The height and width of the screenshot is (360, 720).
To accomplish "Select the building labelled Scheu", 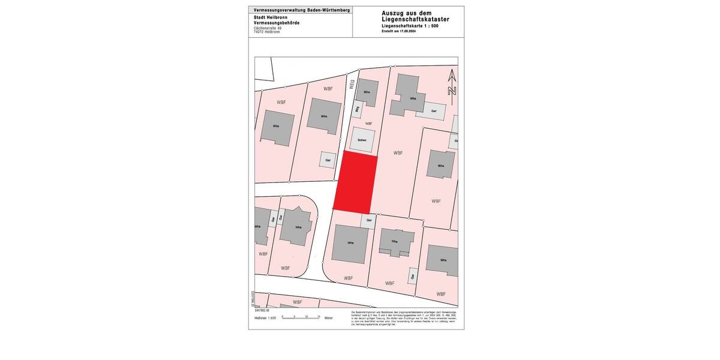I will click(362, 139).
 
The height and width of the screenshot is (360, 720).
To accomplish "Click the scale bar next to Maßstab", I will click(301, 317).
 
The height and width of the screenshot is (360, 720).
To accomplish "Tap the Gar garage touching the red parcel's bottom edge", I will click(369, 220).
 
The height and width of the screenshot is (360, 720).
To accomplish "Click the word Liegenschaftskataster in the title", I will click(415, 20).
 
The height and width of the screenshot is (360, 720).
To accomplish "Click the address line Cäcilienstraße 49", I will click(268, 28).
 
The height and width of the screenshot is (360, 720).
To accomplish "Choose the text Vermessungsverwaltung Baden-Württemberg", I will click(302, 10).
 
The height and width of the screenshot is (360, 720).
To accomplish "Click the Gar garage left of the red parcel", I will click(328, 160).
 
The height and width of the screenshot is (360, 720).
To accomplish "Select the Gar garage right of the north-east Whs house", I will click(434, 111).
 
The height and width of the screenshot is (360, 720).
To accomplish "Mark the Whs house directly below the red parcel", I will click(350, 243).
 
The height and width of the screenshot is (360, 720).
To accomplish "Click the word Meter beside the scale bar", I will click(328, 317).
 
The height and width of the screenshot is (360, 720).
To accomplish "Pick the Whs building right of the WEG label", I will click(367, 92).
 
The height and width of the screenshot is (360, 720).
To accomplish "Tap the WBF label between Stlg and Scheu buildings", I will click(368, 124).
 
